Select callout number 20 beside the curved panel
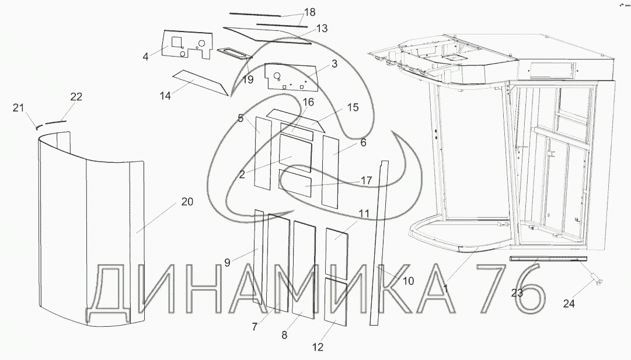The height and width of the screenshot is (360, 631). click(187, 202)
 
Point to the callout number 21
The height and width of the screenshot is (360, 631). click(18, 107)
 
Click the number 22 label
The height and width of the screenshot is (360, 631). click(76, 96)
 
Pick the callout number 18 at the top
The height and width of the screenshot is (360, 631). click(309, 12)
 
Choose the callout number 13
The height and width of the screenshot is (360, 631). click(322, 28)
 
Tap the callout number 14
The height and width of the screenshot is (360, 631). click(165, 95)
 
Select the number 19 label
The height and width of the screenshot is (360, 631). click(247, 80)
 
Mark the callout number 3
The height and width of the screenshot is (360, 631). click(334, 64)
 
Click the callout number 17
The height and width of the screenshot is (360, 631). click(366, 181)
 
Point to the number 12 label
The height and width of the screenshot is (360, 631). click(318, 348)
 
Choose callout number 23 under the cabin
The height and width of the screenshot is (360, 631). click(517, 293)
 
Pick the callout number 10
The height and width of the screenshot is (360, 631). click(408, 281)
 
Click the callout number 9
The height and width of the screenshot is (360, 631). click(227, 263)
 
